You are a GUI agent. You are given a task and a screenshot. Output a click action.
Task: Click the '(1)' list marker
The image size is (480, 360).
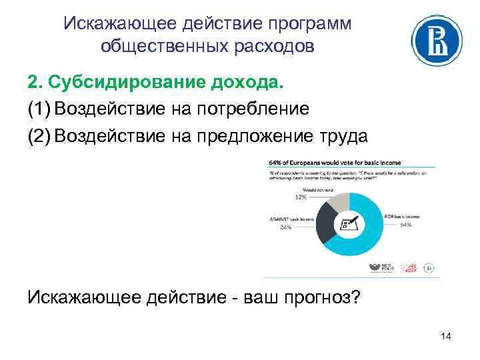[39, 108]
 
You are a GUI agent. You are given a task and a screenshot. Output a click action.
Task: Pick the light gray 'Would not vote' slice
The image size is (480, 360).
[339, 201]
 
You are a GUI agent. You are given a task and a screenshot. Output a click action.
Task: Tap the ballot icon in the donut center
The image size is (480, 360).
[349, 222]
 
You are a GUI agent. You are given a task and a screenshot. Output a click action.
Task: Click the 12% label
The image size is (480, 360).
[302, 197]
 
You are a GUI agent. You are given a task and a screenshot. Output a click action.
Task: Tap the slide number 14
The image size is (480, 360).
[446, 337]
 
